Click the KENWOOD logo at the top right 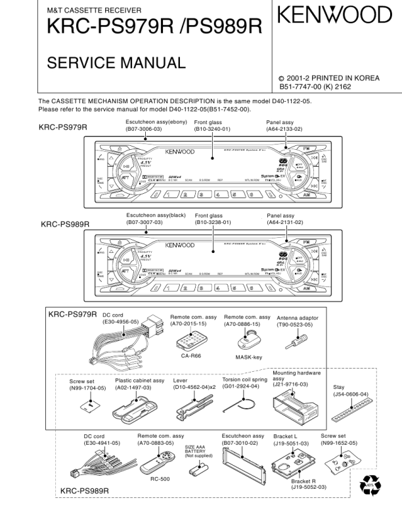pyautogui.click(x=333, y=14)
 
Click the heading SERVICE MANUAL pyautogui.click(x=116, y=63)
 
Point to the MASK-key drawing pyautogui.click(x=249, y=340)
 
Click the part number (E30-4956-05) pyautogui.click(x=120, y=323)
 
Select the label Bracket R pyautogui.click(x=304, y=480)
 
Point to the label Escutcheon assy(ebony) pyautogui.click(x=156, y=122)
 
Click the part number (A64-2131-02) pyautogui.click(x=284, y=223)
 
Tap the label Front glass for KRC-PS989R pyautogui.click(x=209, y=215)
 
